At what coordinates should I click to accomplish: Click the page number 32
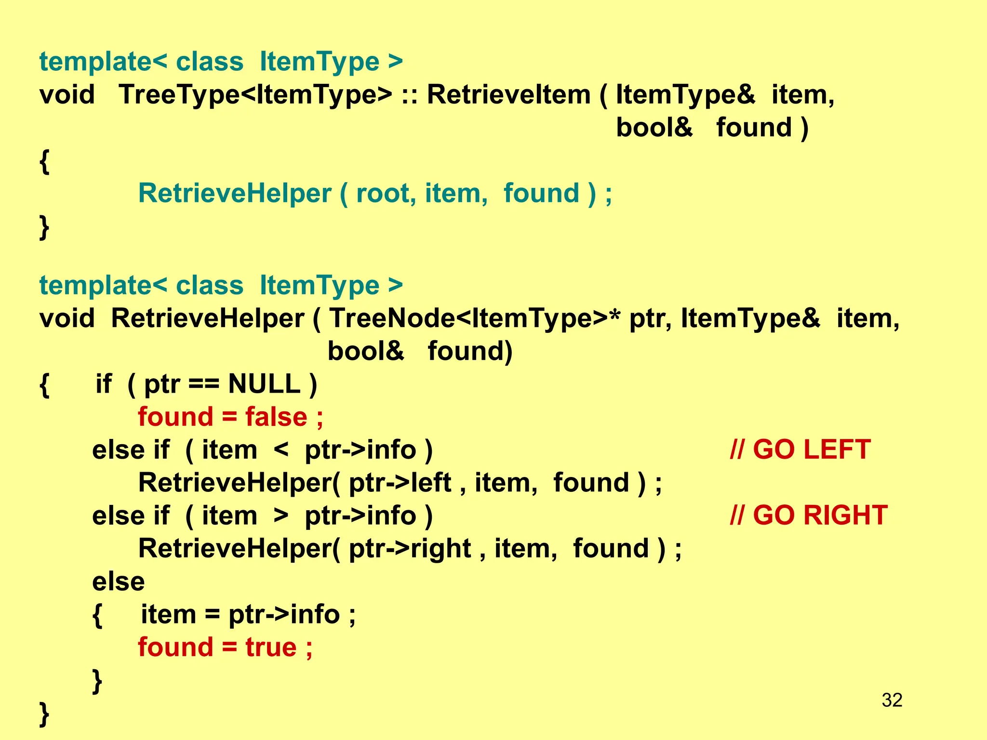click(892, 700)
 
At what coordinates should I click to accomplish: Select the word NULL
click(264, 384)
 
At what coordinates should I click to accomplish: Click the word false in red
click(276, 417)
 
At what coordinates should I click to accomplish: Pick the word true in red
click(271, 647)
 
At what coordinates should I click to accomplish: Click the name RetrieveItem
click(508, 94)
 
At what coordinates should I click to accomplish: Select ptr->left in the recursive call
click(400, 483)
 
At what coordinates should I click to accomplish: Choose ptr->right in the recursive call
click(410, 549)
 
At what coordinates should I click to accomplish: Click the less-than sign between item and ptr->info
click(280, 450)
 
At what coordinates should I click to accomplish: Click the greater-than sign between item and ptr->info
click(280, 516)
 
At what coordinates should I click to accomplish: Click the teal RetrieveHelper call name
click(235, 194)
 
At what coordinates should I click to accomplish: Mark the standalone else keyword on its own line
click(118, 581)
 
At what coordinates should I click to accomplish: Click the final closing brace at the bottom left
click(44, 713)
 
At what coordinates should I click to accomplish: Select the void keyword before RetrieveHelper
click(67, 318)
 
